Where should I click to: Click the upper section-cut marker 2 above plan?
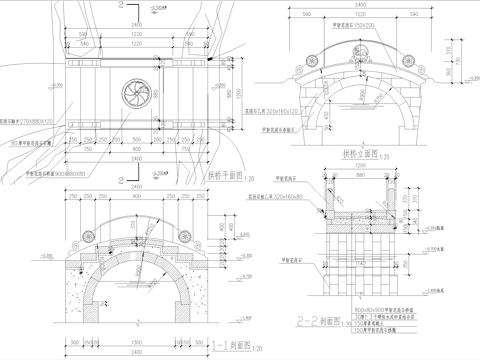pyautogui.click(x=123, y=7)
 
